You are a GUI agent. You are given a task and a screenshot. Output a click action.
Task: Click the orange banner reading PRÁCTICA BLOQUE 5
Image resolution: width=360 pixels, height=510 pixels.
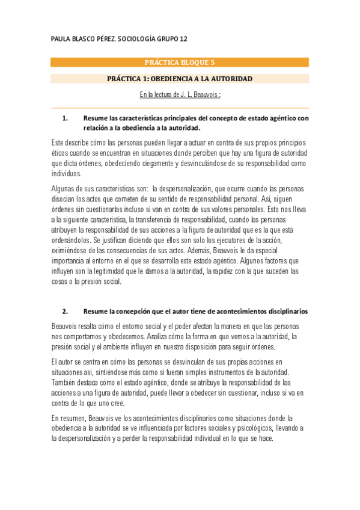pyautogui.click(x=180, y=62)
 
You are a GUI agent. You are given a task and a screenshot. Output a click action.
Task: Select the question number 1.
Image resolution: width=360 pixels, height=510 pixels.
pyautogui.click(x=66, y=118)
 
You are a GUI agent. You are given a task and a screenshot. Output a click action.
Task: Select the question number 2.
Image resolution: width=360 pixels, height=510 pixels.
pyautogui.click(x=66, y=312)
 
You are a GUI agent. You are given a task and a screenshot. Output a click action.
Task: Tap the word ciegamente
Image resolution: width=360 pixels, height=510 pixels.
pyautogui.click(x=152, y=163)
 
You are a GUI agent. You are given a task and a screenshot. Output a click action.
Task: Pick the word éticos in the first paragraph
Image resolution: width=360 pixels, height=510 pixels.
pyautogui.click(x=61, y=153)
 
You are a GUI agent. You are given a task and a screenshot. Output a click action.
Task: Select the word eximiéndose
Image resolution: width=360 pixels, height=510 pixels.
pyautogui.click(x=72, y=250)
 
